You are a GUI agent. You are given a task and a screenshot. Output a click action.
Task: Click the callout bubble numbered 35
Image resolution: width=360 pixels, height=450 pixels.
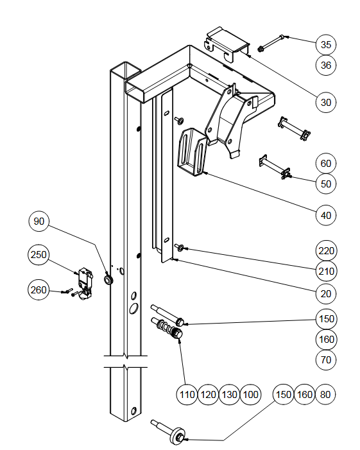[x=325, y=44]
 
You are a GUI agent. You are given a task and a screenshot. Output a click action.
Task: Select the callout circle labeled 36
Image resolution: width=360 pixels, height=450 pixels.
[x=325, y=65]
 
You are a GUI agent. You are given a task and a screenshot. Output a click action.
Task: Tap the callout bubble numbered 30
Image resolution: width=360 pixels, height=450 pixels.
[x=325, y=102]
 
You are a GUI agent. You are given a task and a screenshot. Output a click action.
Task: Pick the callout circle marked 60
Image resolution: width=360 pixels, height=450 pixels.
[x=325, y=163]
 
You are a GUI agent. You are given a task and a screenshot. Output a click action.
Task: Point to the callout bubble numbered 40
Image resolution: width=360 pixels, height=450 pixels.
[x=325, y=215]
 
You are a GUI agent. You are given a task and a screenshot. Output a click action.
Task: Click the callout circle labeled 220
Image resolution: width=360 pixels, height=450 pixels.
[x=326, y=251]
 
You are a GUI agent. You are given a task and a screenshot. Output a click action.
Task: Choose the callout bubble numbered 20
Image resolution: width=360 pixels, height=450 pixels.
[x=325, y=293]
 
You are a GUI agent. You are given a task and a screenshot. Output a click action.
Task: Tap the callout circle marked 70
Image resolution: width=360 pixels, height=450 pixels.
[x=325, y=359]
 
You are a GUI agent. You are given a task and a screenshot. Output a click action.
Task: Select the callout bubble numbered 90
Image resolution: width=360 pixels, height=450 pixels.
[x=39, y=221]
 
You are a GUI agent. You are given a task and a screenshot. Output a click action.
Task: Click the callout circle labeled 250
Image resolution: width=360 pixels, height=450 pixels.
[x=39, y=255]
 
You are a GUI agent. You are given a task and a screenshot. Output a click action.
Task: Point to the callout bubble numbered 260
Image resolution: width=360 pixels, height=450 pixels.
[x=39, y=290]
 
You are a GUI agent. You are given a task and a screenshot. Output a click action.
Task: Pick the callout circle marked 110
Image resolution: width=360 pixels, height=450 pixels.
[x=187, y=395]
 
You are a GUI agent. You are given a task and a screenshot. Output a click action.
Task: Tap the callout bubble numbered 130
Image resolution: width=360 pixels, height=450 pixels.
[x=229, y=395]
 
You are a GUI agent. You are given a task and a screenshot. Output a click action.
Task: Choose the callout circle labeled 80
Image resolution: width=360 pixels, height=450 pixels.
[x=325, y=395]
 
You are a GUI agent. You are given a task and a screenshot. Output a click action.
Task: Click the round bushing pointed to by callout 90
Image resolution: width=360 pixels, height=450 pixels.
[x=108, y=279]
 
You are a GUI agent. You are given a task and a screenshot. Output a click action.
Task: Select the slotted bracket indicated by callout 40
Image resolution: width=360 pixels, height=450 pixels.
[x=192, y=152]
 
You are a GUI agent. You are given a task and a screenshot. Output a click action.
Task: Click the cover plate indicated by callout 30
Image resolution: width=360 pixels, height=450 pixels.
[x=227, y=44]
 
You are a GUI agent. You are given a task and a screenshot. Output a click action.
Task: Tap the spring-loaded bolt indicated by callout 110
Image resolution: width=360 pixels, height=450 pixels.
[x=167, y=328]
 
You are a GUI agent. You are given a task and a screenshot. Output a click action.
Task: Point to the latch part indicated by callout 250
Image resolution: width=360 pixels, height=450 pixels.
[x=83, y=282]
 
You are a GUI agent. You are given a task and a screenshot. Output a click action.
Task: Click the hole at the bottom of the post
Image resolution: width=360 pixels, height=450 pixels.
[x=133, y=411]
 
